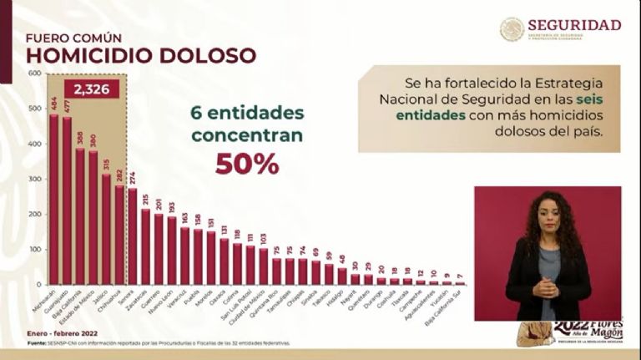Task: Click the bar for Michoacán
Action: [x=54, y=200]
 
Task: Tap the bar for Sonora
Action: [x=132, y=237]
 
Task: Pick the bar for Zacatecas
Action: [x=145, y=247]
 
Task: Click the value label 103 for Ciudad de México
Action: [x=264, y=238]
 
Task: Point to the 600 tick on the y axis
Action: [x=34, y=74]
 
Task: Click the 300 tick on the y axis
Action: [x=34, y=180]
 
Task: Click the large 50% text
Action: [x=247, y=165]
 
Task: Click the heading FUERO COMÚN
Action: [x=73, y=38]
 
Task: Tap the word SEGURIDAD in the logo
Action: [x=574, y=24]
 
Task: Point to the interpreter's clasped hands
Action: [x=545, y=286]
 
